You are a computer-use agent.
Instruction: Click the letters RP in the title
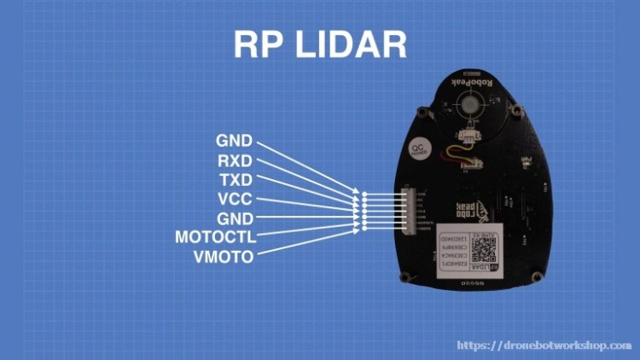[259, 44]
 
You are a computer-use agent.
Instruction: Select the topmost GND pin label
[234, 141]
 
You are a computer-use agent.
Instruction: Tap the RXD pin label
[234, 160]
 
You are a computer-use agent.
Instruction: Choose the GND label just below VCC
[234, 218]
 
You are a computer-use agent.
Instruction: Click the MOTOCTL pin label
[215, 236]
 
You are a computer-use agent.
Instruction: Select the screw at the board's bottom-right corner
[537, 276]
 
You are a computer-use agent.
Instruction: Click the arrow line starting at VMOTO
[307, 241]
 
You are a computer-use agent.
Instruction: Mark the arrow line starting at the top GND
[307, 166]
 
